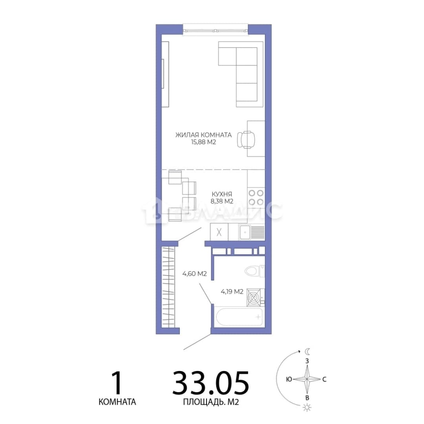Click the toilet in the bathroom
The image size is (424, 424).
click(254, 271)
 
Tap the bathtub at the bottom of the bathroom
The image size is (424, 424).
click(239, 317)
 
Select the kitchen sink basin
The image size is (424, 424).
click(245, 232)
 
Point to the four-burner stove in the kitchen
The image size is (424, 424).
click(256, 197)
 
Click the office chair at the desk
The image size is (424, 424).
click(246, 139)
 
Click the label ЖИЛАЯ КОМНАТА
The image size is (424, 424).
click(204, 135)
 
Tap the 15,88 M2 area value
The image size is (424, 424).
click(204, 142)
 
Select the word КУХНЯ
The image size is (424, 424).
click(222, 194)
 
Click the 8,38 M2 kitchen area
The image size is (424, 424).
click(222, 201)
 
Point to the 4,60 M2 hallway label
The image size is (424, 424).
click(194, 274)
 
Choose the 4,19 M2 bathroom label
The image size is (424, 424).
click(232, 291)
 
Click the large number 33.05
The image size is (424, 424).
click(210, 383)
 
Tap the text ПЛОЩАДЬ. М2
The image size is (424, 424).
click(211, 402)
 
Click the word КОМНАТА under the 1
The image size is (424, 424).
click(117, 402)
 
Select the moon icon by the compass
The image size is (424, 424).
click(308, 351)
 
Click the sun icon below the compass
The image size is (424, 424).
click(307, 408)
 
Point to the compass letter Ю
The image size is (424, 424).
click(289, 379)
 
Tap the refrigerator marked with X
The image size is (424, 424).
click(219, 232)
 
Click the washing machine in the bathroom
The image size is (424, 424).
click(254, 298)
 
